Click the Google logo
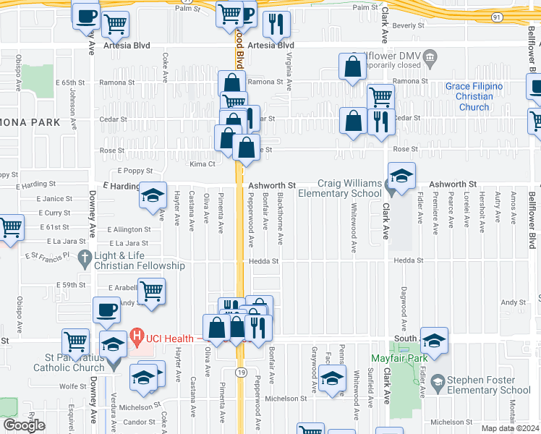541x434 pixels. [x=24, y=425]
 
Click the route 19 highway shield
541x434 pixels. [x=241, y=371]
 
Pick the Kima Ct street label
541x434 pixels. [x=203, y=164]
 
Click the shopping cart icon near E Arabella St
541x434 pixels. [x=152, y=292]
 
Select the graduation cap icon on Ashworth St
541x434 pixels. [x=401, y=174]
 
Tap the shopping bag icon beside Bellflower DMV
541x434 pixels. [x=352, y=67]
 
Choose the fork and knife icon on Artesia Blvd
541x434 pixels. [x=276, y=25]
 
